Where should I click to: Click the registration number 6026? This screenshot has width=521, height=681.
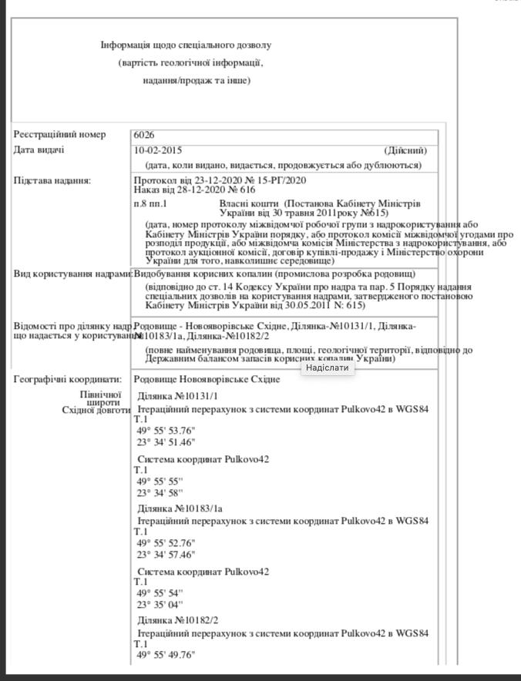[144, 135]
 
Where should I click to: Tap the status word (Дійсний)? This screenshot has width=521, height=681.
[405, 150]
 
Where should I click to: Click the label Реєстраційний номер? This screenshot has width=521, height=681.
[59, 135]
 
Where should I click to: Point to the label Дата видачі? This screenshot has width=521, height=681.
[39, 150]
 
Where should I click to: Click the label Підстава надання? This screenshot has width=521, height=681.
[52, 181]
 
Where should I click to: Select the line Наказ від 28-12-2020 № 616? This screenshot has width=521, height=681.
[194, 190]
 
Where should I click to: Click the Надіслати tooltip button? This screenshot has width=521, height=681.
[328, 367]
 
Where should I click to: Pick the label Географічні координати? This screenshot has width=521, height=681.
[68, 380]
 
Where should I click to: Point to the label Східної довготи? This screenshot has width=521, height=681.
[96, 411]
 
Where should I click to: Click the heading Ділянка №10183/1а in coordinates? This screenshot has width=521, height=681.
[180, 508]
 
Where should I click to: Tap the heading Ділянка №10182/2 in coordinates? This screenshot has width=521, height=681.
[178, 620]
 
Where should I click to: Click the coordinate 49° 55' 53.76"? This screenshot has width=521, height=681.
[166, 431]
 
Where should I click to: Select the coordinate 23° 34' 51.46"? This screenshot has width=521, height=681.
[166, 443]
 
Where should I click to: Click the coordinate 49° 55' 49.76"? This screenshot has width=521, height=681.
[166, 655]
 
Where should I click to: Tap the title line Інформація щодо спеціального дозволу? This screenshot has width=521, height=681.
[186, 45]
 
